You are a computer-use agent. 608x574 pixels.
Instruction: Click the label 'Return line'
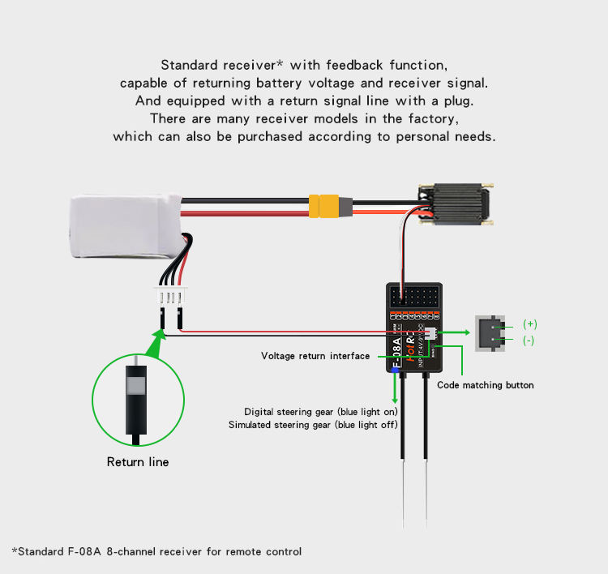click(x=138, y=462)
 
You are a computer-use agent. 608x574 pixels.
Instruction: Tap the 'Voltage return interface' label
click(x=315, y=356)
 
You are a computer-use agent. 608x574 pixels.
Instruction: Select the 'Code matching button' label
click(x=486, y=385)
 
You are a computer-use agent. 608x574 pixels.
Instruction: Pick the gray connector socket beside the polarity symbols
click(x=489, y=332)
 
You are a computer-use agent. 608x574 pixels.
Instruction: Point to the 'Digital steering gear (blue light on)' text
click(x=321, y=412)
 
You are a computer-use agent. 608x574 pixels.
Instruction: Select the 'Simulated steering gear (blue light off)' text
click(x=313, y=425)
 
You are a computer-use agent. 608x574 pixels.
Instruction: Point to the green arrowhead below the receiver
click(x=396, y=398)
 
